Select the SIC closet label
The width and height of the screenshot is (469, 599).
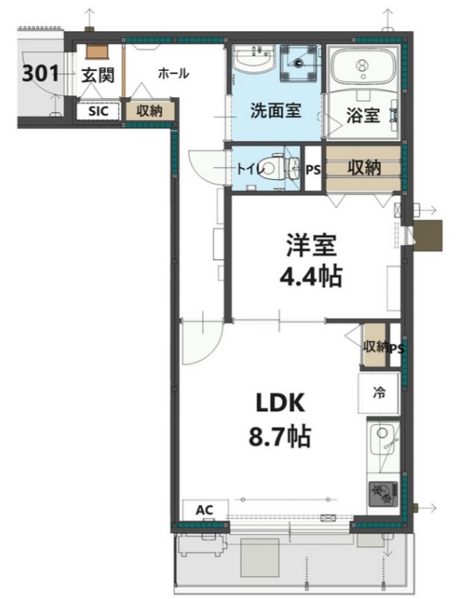tap(98, 111)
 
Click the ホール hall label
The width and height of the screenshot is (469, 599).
tap(173, 74)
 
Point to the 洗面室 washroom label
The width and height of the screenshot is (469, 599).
tap(275, 111)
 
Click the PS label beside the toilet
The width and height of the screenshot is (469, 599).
tap(314, 168)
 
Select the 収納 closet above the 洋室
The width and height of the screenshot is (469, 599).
tap(362, 168)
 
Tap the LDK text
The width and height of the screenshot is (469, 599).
tap(278, 403)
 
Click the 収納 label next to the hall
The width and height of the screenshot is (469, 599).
tap(149, 111)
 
